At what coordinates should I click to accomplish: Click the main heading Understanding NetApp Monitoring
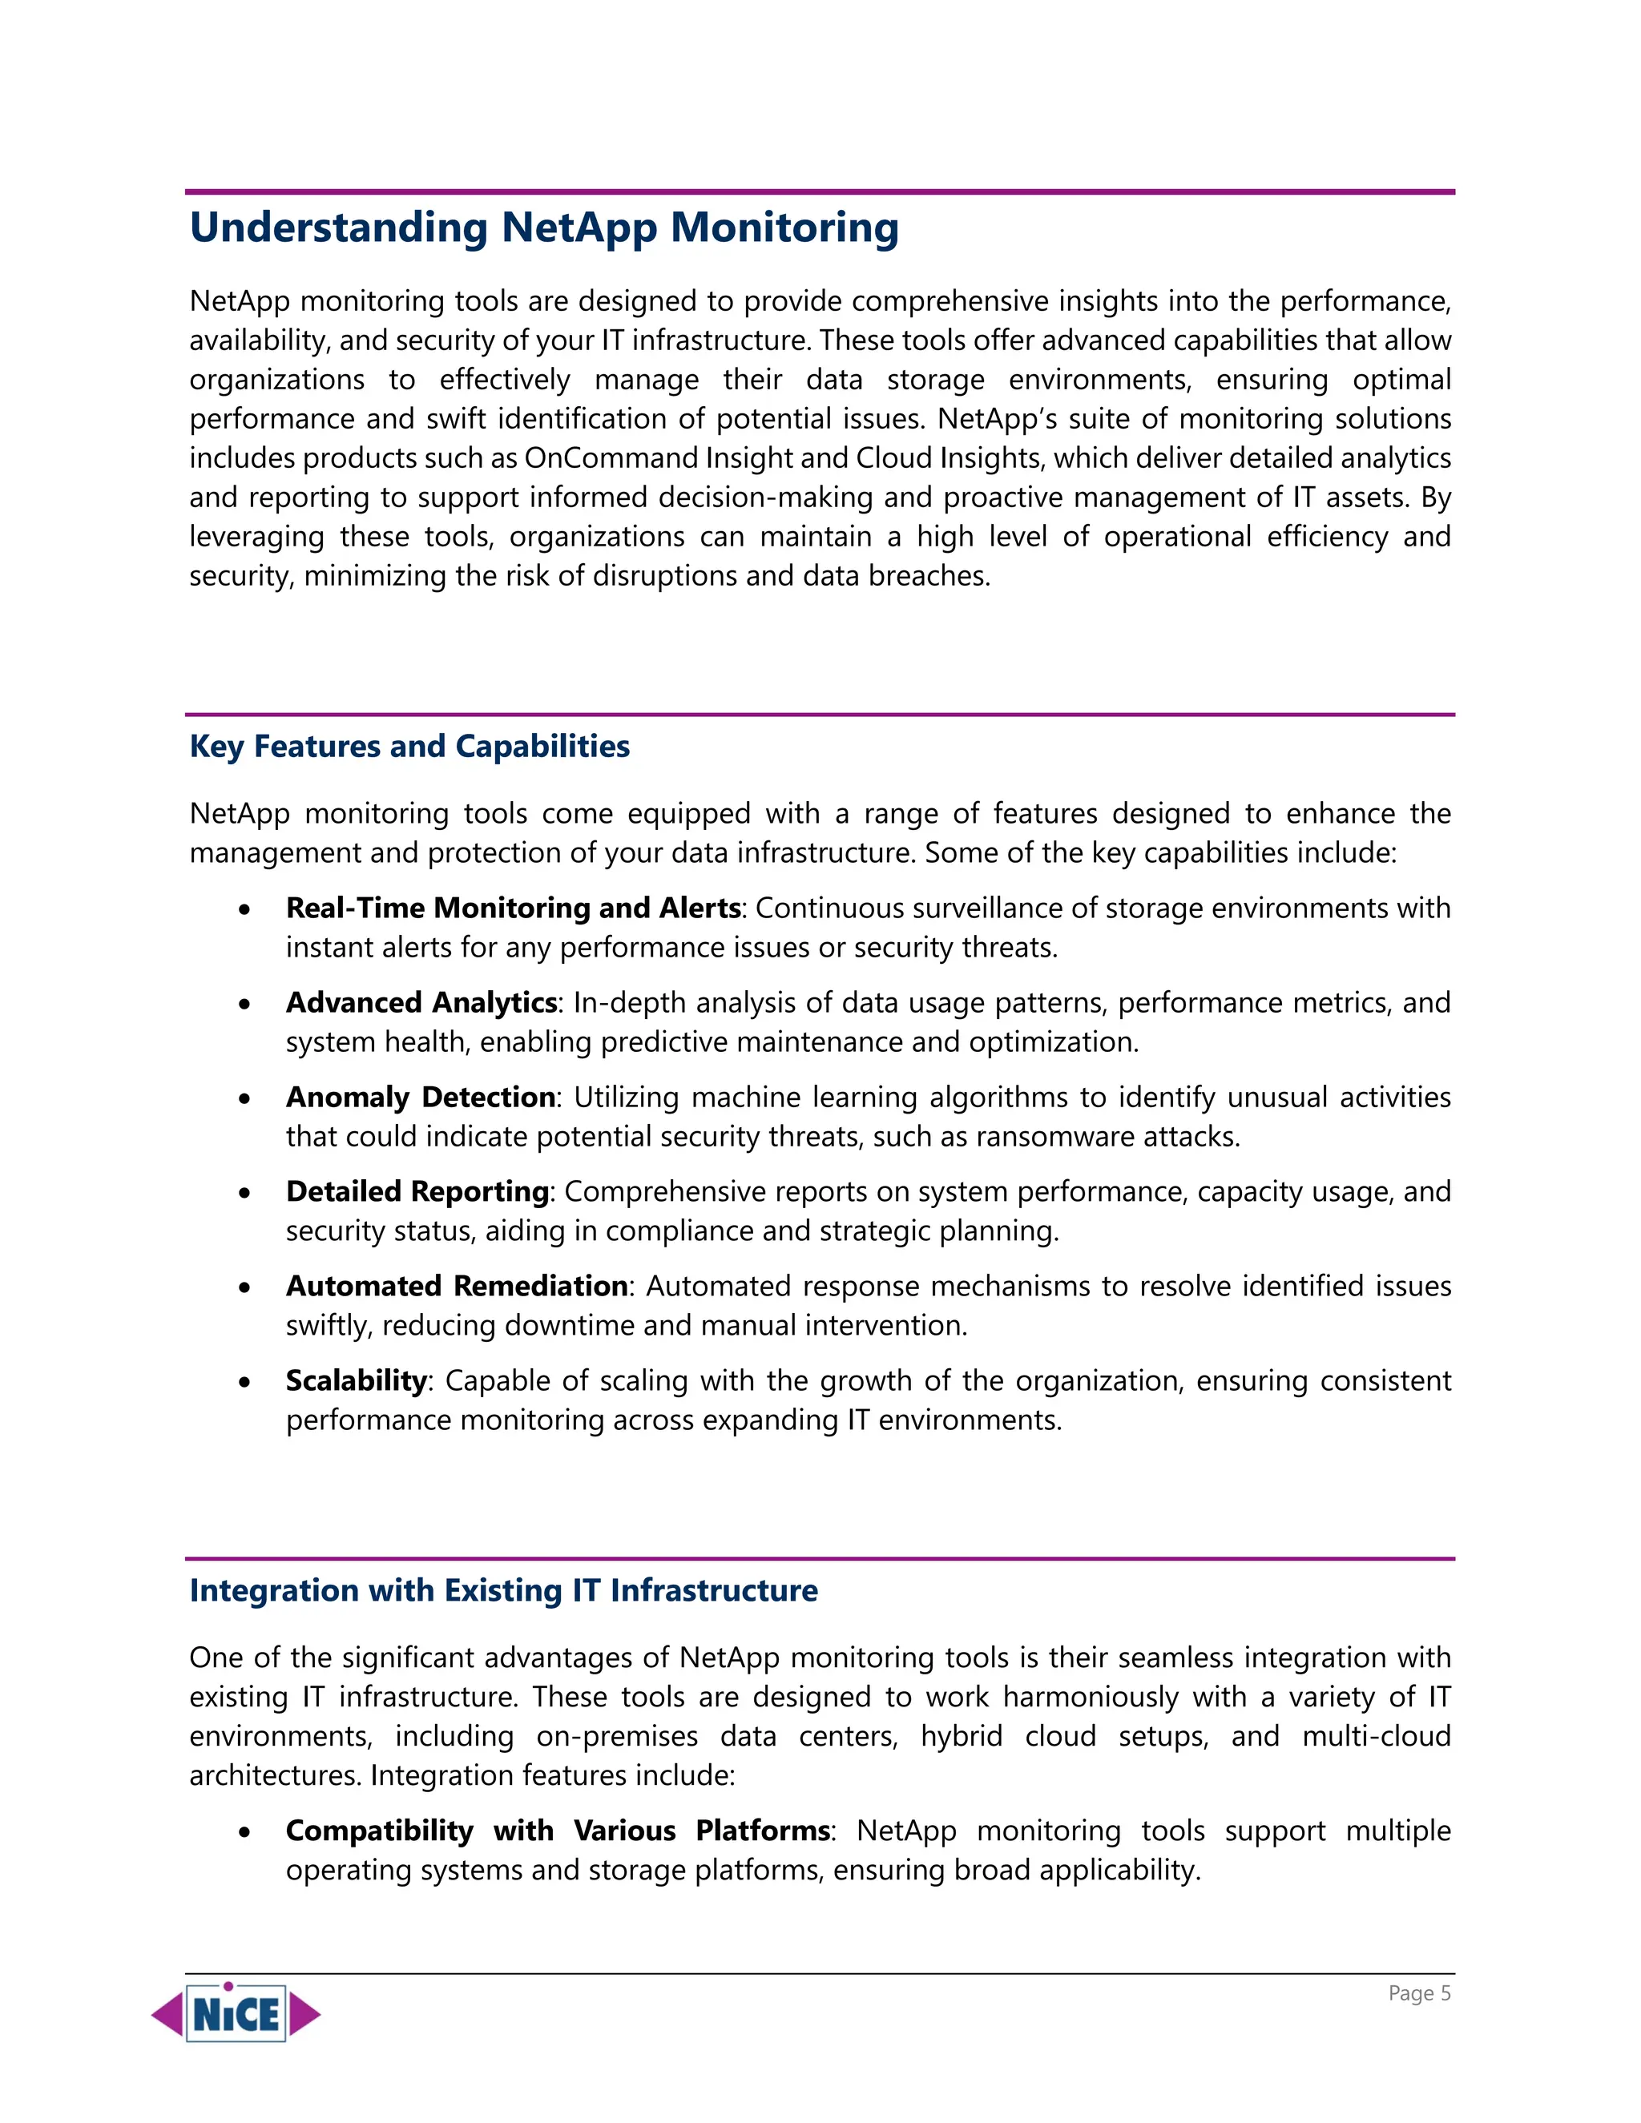[x=543, y=228]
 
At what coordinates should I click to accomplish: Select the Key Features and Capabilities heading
[x=409, y=746]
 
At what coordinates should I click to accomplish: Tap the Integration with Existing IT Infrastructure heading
[x=503, y=1589]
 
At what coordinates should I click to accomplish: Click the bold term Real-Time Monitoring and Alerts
[x=514, y=908]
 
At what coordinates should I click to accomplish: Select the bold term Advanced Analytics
[x=421, y=1002]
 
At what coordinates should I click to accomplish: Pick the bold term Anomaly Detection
[x=421, y=1097]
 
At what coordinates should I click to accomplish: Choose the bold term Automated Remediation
[x=457, y=1285]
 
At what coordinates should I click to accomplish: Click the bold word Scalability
[x=356, y=1380]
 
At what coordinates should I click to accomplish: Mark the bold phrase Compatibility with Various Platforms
[x=558, y=1831]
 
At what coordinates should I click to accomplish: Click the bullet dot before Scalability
[x=245, y=1382]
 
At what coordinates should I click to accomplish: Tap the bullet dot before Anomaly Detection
[x=245, y=1098]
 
